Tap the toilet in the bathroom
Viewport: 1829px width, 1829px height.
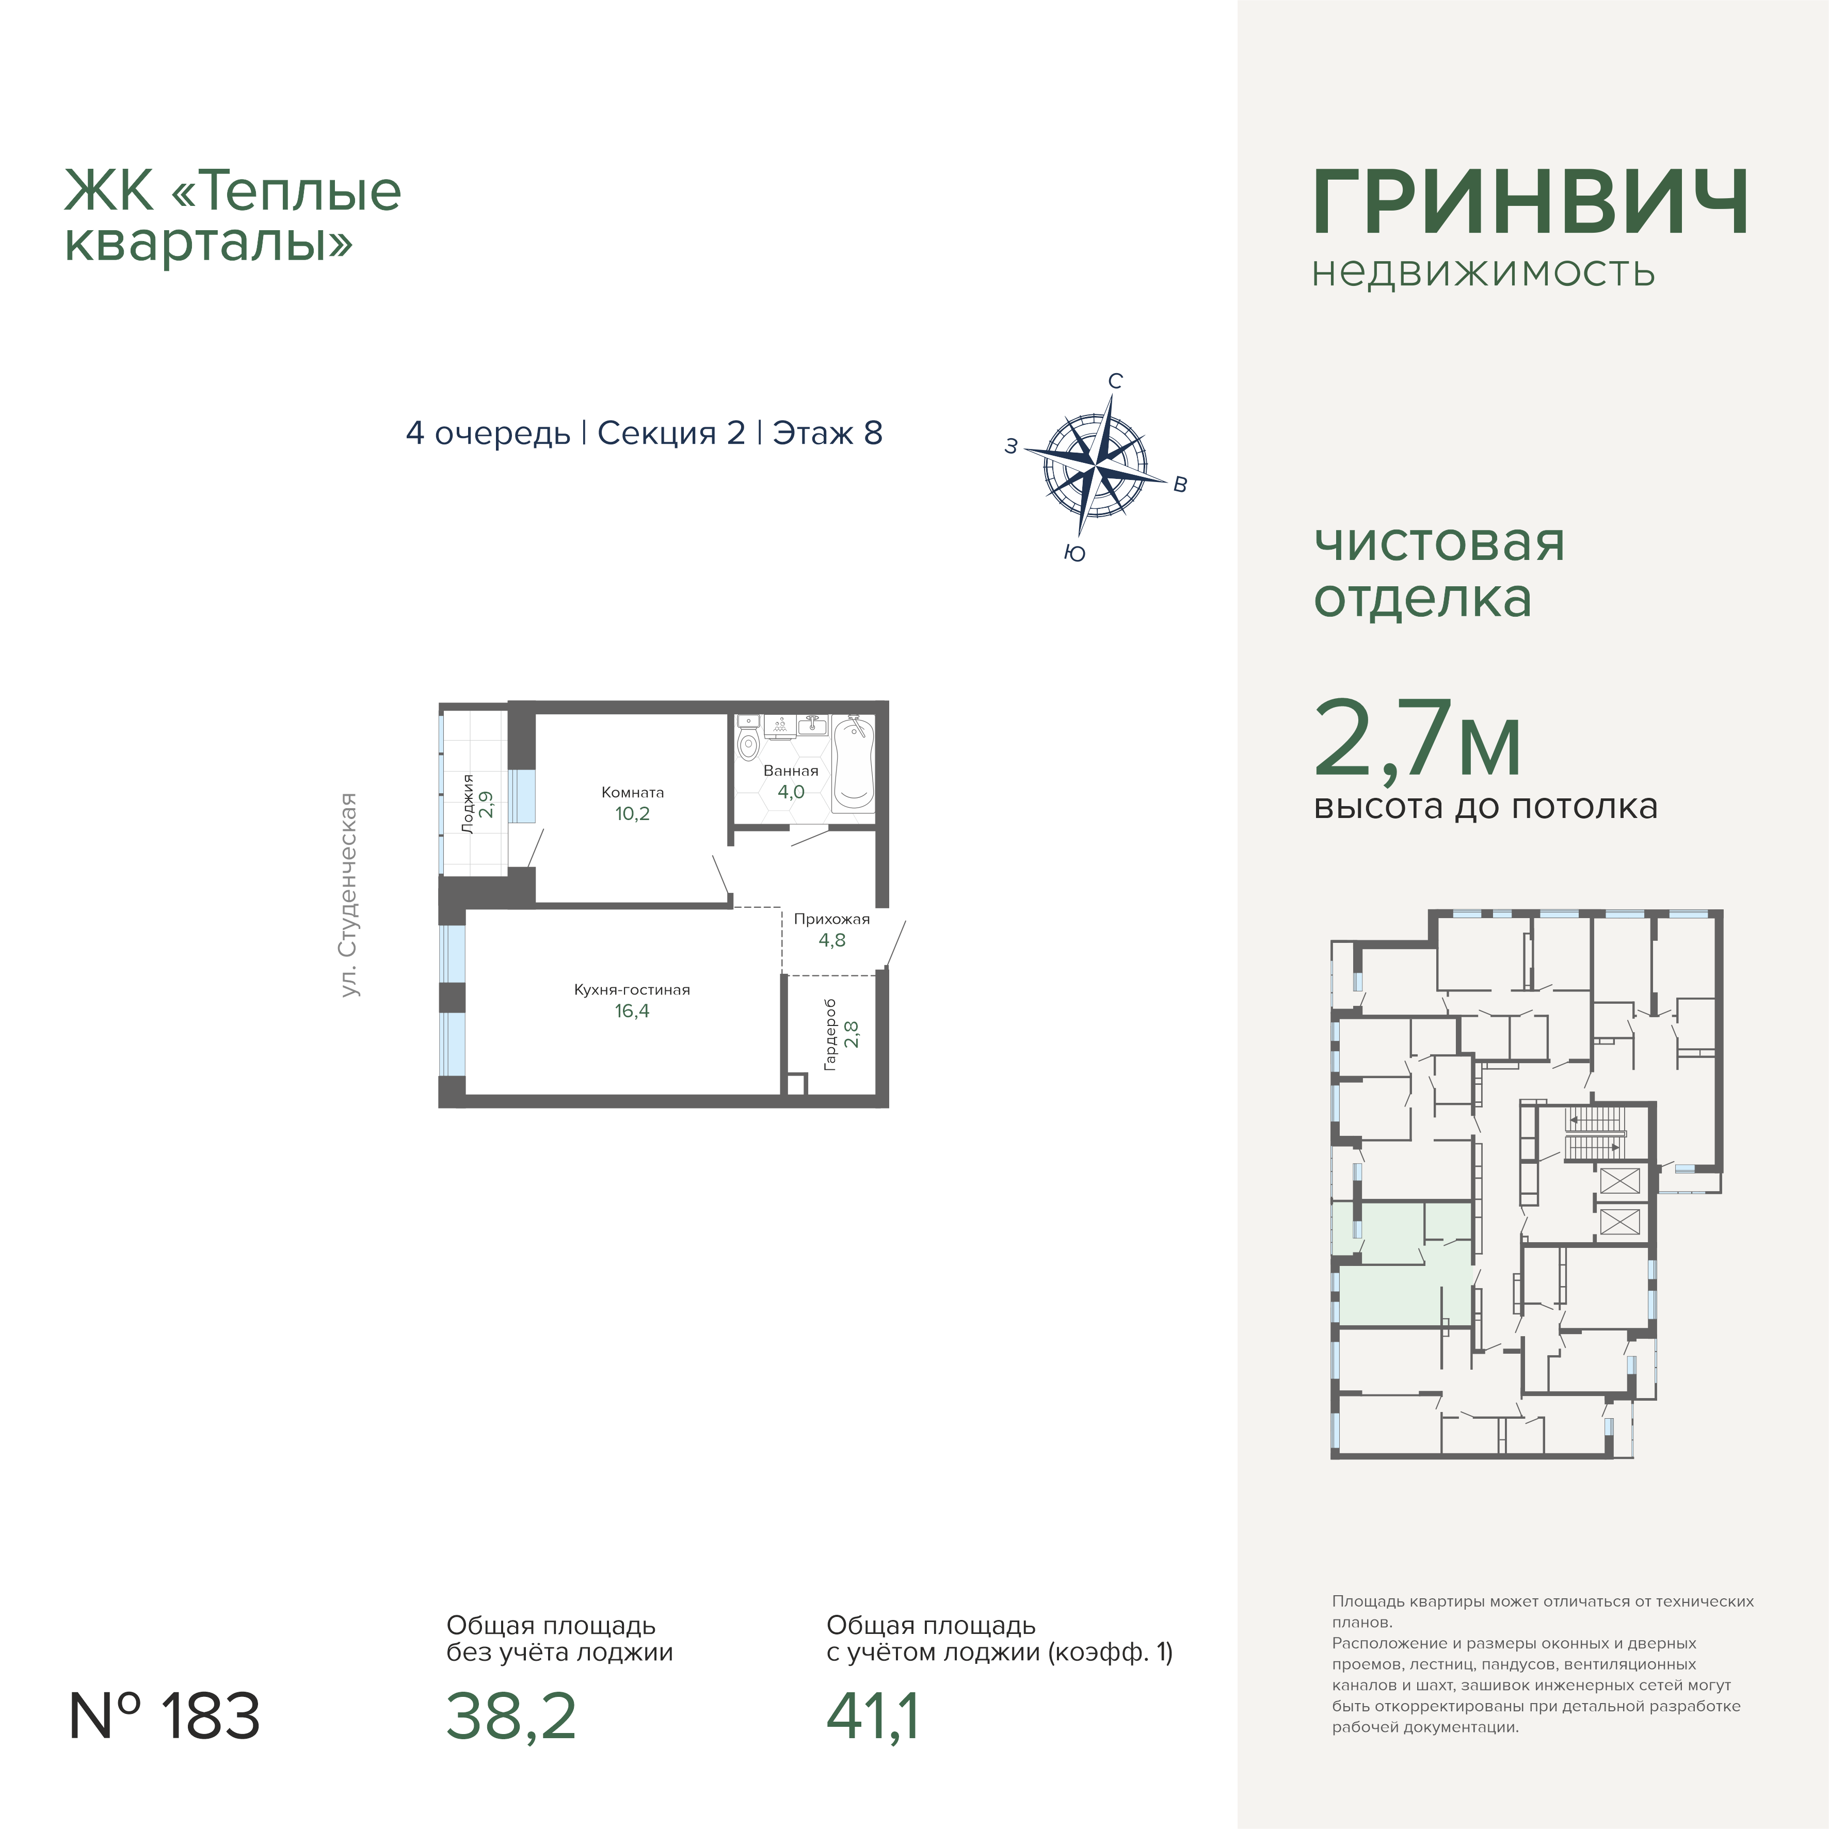tap(749, 739)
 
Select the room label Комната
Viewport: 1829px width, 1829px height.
tap(632, 792)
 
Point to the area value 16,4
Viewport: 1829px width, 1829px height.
tap(632, 1011)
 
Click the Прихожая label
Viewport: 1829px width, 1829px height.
tap(831, 919)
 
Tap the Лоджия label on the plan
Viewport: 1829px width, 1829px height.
tap(468, 804)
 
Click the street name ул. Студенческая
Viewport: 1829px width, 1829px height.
tap(349, 894)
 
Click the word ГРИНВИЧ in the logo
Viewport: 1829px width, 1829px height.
tap(1530, 203)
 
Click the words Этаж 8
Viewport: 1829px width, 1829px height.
tap(827, 432)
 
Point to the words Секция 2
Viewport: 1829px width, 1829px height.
tap(671, 432)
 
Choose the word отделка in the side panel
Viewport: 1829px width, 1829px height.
tap(1422, 598)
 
